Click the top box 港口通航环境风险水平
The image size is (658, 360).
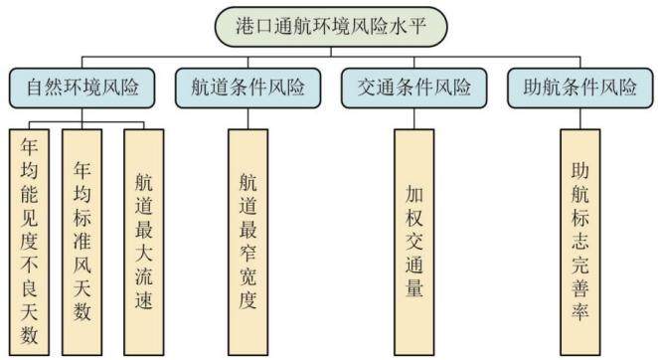click(x=331, y=26)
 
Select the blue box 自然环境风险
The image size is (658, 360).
click(x=82, y=89)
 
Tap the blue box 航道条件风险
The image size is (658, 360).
click(x=248, y=89)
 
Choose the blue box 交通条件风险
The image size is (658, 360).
click(x=414, y=89)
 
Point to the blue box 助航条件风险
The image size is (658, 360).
click(x=580, y=89)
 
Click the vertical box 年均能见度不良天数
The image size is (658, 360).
click(x=30, y=243)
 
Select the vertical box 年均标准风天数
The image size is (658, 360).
click(x=82, y=243)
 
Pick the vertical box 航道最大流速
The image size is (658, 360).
click(x=144, y=243)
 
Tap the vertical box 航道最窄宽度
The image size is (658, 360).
click(x=248, y=243)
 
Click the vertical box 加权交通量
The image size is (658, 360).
click(x=414, y=243)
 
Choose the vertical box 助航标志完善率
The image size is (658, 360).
click(x=580, y=243)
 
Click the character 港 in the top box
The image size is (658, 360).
click(x=245, y=26)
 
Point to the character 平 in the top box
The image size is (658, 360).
click(x=417, y=26)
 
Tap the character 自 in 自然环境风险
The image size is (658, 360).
click(x=36, y=88)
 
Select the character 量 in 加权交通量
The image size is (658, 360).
click(x=414, y=288)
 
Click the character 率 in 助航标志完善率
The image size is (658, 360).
click(x=580, y=311)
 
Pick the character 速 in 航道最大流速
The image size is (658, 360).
click(x=144, y=300)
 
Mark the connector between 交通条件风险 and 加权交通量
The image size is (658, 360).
click(x=414, y=118)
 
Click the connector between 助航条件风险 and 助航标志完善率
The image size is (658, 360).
click(x=580, y=118)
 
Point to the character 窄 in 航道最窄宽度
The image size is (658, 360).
click(x=248, y=253)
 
